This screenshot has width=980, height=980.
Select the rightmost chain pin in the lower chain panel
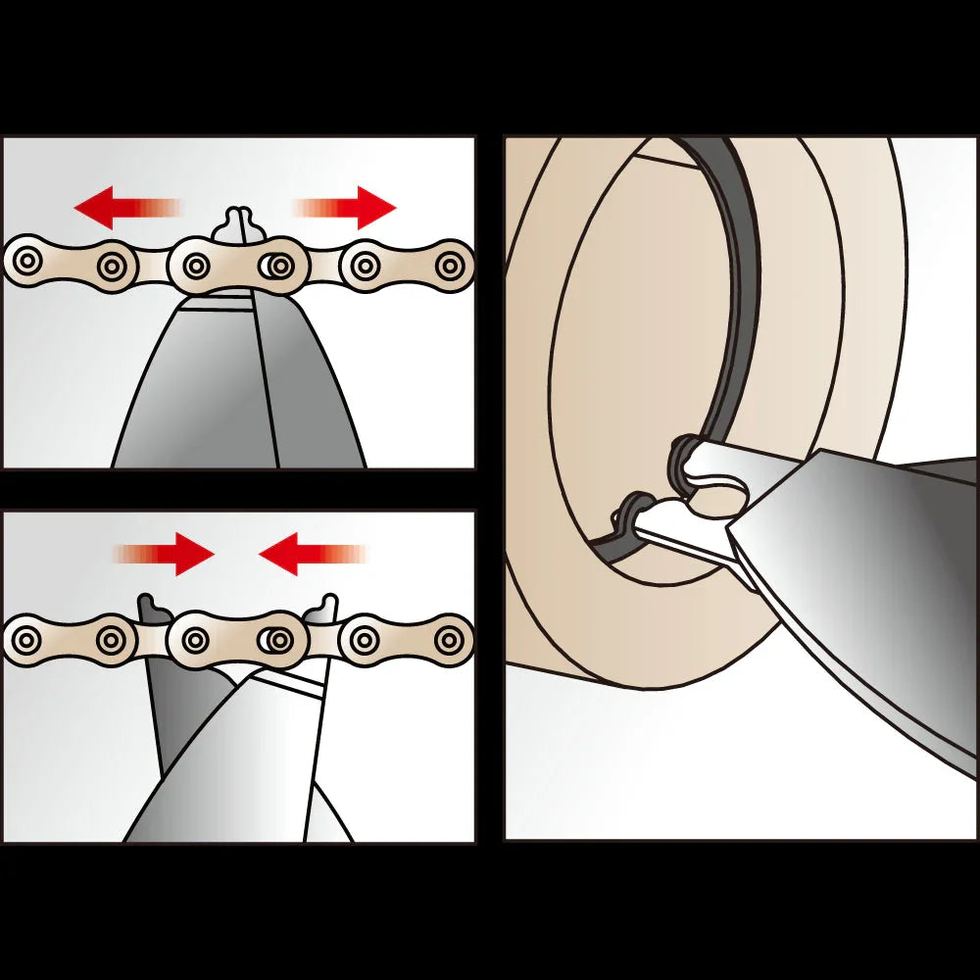click(x=450, y=641)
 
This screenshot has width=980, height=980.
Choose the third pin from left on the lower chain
click(x=196, y=641)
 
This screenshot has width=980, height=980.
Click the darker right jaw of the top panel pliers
click(x=299, y=382)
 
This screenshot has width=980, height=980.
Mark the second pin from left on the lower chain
click(x=115, y=641)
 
